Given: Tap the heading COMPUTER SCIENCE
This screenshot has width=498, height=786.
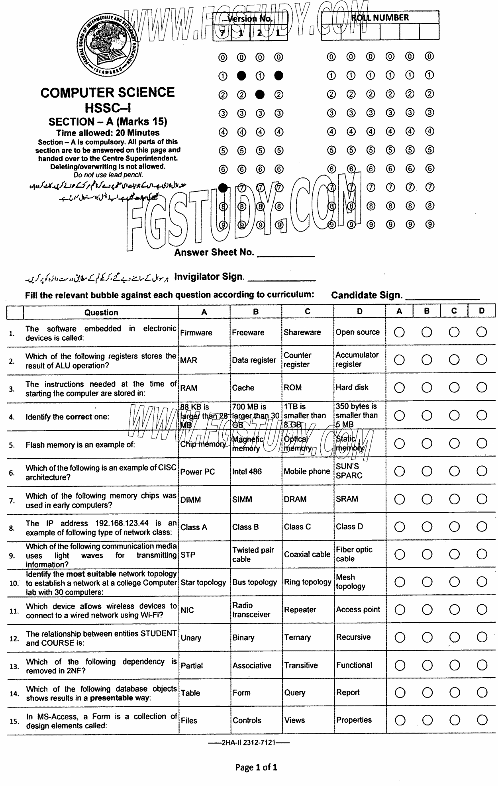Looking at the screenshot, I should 108,93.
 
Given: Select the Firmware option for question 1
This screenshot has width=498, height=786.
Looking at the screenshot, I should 196,333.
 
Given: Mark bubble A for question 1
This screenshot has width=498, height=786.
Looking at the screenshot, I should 399,332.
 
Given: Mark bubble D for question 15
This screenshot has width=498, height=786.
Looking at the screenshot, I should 482,720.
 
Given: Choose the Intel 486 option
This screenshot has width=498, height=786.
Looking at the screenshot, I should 247,472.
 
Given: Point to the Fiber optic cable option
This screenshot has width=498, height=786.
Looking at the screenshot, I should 354,554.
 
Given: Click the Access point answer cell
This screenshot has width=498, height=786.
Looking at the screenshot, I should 358,610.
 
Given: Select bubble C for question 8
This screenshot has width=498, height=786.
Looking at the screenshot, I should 454,527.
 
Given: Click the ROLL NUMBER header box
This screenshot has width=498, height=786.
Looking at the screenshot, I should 380,18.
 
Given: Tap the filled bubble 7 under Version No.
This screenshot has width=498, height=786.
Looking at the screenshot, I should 223,188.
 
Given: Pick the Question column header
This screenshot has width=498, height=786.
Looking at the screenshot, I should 101,312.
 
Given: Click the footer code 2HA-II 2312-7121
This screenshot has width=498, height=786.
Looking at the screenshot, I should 249,743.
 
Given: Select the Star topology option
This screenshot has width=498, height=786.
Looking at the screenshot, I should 203,582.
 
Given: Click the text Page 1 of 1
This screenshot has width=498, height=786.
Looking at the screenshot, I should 256,767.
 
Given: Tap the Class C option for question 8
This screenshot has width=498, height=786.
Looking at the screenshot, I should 297,527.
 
